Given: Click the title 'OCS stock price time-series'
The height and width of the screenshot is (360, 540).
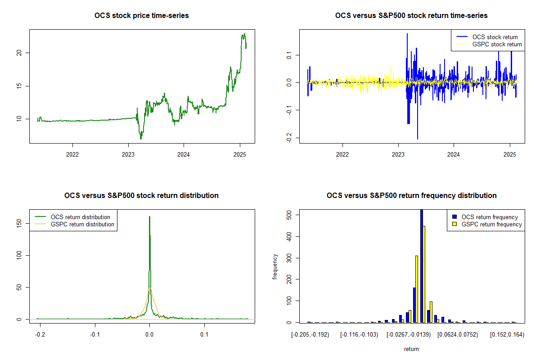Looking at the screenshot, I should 141,16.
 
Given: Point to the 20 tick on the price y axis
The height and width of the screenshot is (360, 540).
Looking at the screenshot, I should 19,53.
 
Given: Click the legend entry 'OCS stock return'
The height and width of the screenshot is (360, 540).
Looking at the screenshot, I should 495,37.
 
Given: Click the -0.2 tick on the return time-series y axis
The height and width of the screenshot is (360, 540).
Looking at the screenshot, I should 289,137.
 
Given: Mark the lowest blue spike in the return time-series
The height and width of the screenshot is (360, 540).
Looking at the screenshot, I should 418,139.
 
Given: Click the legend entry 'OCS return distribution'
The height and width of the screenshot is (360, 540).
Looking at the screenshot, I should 81,217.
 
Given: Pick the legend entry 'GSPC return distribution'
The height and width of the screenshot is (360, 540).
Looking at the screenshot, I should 82,224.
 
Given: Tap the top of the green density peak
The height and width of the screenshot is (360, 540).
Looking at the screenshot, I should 149,217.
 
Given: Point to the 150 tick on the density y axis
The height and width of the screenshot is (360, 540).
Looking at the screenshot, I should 19,223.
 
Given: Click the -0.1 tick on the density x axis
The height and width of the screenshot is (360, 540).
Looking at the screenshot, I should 94,335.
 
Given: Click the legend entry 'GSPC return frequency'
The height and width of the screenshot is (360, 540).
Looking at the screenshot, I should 492,224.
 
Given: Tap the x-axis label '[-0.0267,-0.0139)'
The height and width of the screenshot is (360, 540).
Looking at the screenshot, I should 409,335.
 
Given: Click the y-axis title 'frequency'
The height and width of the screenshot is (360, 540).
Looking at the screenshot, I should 276,267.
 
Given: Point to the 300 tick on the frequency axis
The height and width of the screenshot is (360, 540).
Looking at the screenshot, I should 289,257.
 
